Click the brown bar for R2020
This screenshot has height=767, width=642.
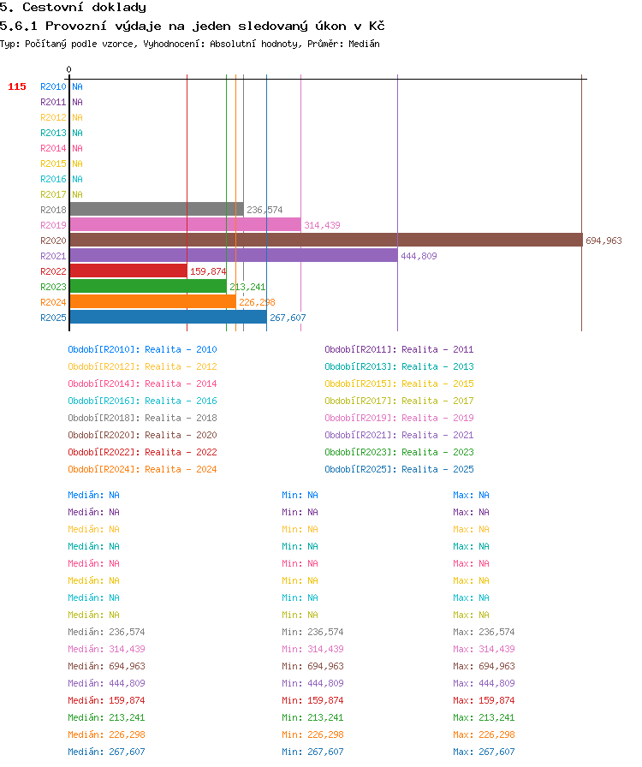click(326, 240)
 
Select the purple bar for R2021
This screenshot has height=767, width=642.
click(234, 255)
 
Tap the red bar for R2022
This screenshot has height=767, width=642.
click(128, 271)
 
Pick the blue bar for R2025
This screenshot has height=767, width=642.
click(169, 317)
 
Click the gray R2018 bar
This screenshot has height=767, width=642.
click(157, 209)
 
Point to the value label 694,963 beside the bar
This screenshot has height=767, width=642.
click(603, 241)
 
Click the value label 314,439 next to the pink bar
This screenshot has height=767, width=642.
click(322, 225)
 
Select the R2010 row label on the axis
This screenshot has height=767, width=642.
click(53, 86)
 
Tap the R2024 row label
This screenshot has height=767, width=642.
click(53, 302)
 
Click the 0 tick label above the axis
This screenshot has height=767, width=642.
click(69, 69)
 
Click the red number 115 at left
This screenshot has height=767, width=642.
click(17, 86)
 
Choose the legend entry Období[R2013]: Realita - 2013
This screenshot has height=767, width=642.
click(399, 366)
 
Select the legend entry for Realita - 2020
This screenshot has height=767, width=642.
click(142, 435)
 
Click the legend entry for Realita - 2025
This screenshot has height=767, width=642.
click(399, 469)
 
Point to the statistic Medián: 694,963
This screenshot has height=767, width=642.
click(107, 666)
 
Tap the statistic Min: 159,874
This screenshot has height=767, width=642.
click(312, 700)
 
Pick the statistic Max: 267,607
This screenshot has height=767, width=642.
click(484, 752)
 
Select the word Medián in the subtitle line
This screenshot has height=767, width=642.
click(364, 44)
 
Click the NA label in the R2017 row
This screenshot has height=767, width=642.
click(77, 194)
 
